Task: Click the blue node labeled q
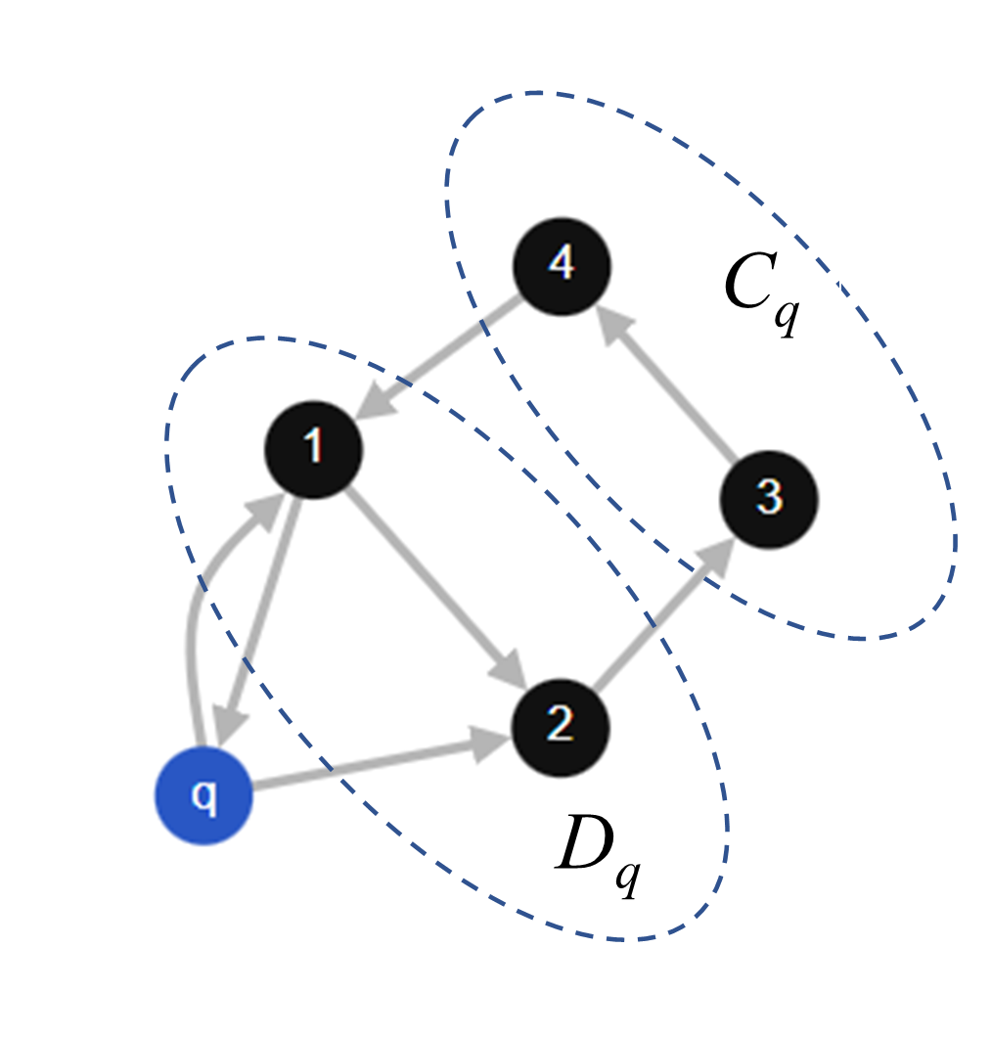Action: (203, 796)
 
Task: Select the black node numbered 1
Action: (314, 449)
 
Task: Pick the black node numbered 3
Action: (769, 500)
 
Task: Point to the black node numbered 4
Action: (562, 267)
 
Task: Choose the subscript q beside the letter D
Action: (627, 875)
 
